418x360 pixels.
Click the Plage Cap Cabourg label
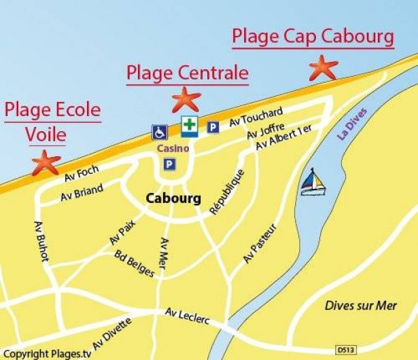click(x=313, y=37)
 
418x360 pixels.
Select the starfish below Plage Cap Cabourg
click(x=323, y=67)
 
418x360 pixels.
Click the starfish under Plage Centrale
click(x=186, y=99)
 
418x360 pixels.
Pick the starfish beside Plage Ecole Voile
click(x=46, y=163)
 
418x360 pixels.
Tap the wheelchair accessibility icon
click(x=159, y=132)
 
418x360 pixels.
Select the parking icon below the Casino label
click(x=168, y=164)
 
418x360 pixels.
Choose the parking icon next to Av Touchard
click(x=213, y=127)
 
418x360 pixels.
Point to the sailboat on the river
click(x=312, y=182)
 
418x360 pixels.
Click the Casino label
click(x=168, y=147)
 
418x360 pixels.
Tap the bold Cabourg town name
click(x=173, y=199)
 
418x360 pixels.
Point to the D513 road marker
click(x=345, y=349)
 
